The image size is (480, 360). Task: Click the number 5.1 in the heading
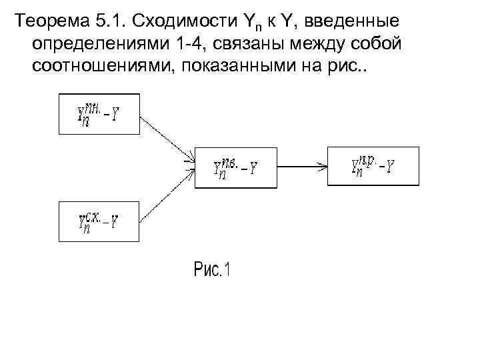tap(108, 21)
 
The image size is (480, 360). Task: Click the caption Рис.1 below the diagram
tap(211, 270)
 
